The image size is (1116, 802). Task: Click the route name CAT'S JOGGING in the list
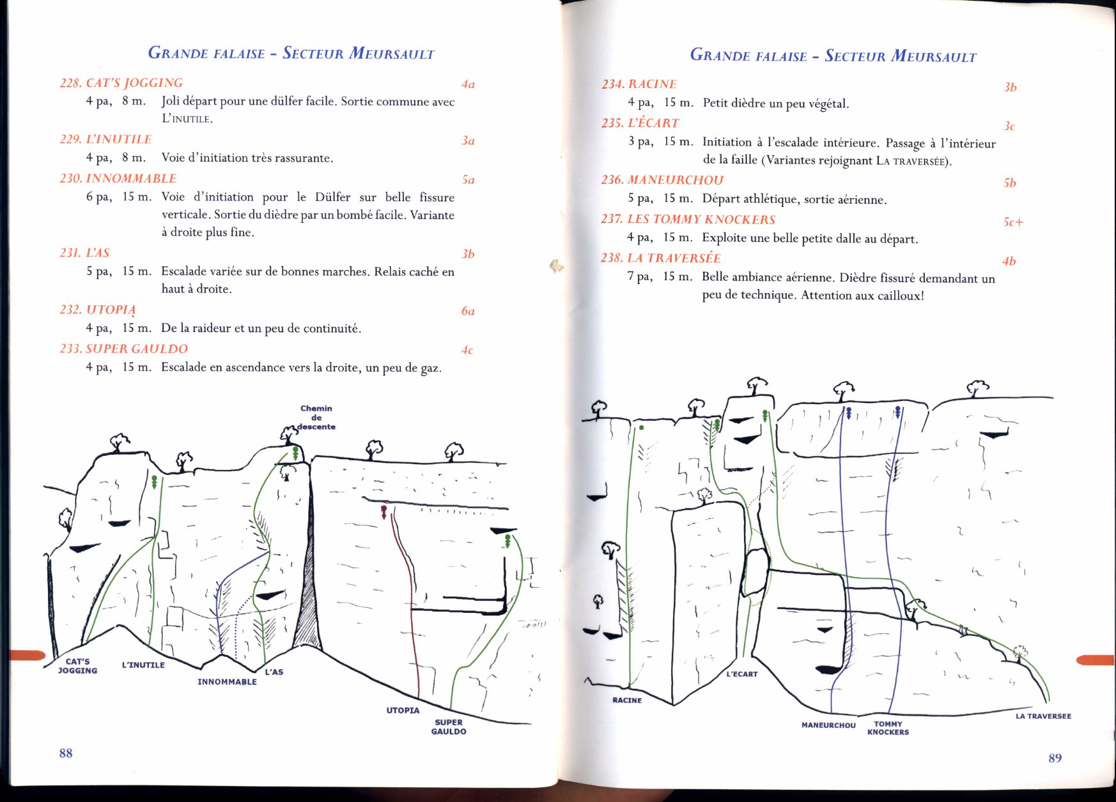point(134,83)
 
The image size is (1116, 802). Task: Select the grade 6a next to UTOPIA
point(468,311)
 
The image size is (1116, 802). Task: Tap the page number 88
point(66,753)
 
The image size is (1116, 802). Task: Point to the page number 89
point(1055,758)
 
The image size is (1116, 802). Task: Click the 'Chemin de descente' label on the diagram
point(316,418)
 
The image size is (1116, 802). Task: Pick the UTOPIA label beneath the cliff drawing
point(403,710)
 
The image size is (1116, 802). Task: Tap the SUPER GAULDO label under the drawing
point(449,727)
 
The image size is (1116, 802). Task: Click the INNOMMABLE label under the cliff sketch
point(227,682)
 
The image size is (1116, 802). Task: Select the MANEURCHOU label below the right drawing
point(828,725)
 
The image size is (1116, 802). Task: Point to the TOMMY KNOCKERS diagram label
point(888,728)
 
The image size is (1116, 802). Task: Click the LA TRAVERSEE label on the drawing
point(1043,716)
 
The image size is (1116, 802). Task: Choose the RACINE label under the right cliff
point(627,700)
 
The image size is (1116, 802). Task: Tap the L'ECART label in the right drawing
point(742,674)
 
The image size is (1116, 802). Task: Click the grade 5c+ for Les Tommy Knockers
point(1013,222)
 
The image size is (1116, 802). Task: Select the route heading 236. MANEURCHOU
point(662,180)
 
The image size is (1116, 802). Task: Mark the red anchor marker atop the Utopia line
point(384,511)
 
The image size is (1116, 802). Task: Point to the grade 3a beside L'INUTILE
point(468,140)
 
